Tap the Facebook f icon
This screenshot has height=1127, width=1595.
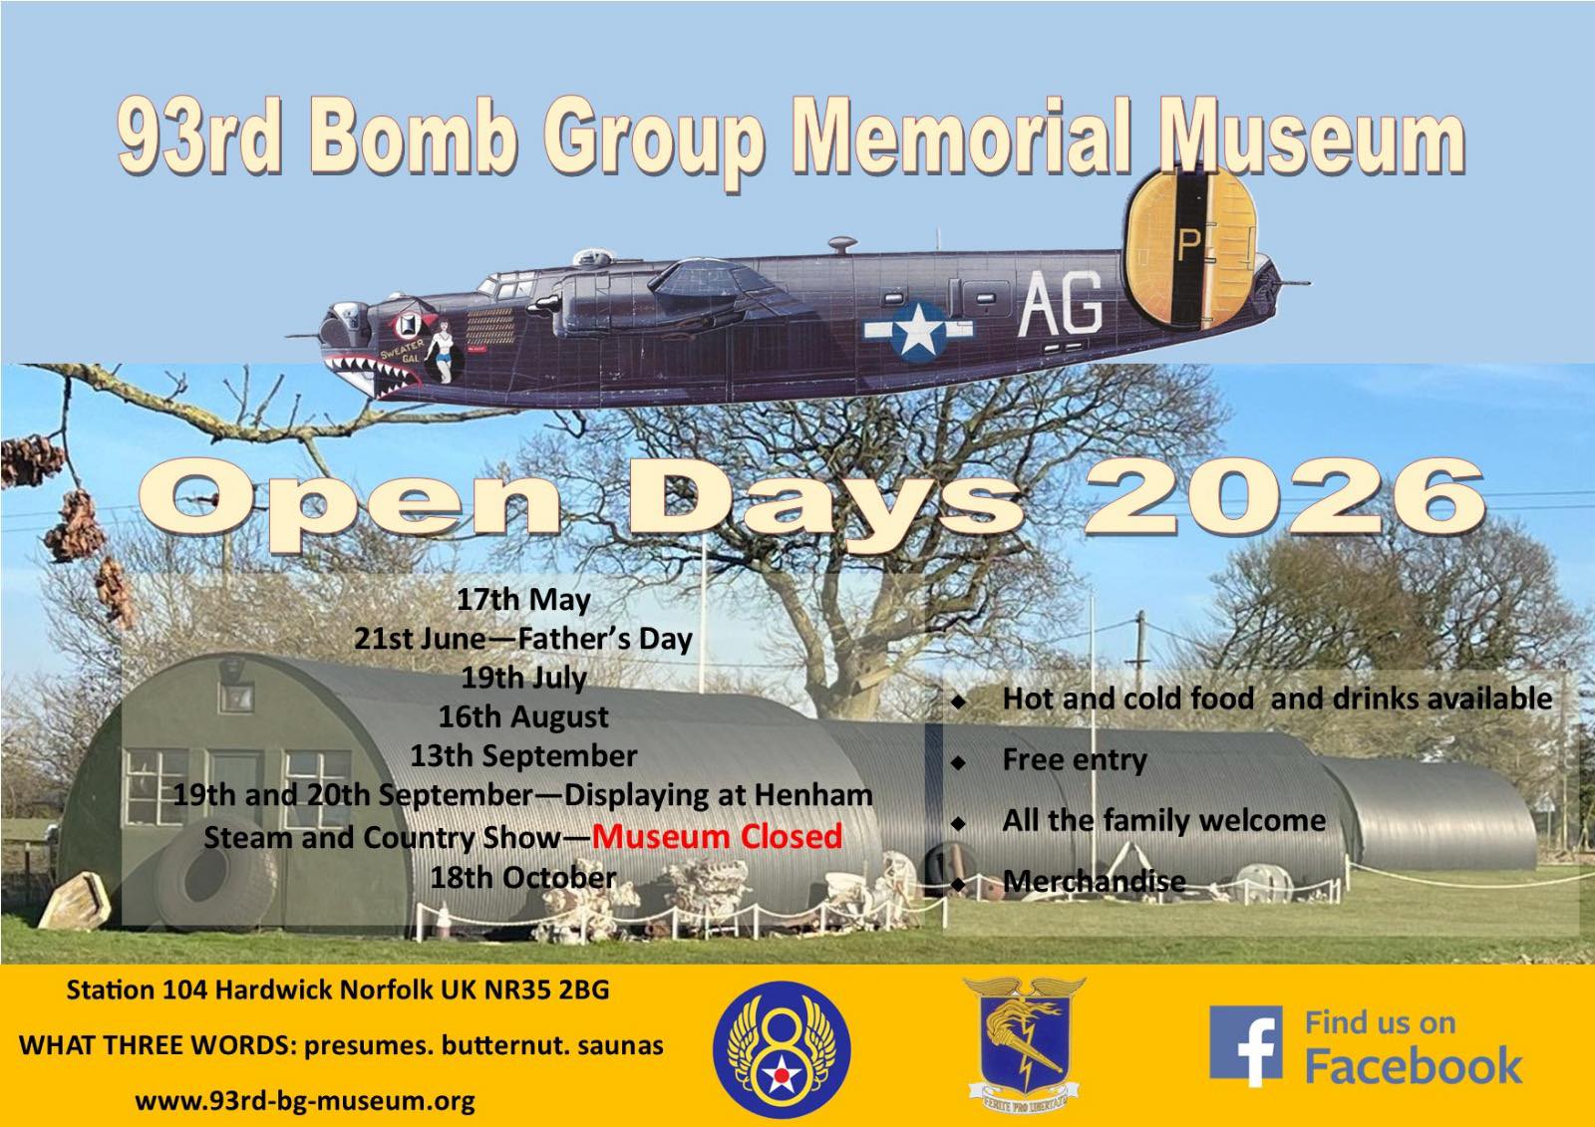tap(1245, 1045)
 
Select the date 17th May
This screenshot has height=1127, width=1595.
tap(523, 600)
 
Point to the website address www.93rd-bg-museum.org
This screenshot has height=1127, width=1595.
tap(305, 1101)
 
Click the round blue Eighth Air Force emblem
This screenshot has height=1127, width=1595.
tap(783, 1046)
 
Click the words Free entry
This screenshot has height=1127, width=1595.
tap(1075, 760)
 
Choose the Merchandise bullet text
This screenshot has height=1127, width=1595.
tap(1094, 882)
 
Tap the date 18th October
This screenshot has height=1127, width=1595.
tap(523, 878)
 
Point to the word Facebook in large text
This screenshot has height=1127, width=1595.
tap(1414, 1067)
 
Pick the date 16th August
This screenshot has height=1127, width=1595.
tap(523, 716)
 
